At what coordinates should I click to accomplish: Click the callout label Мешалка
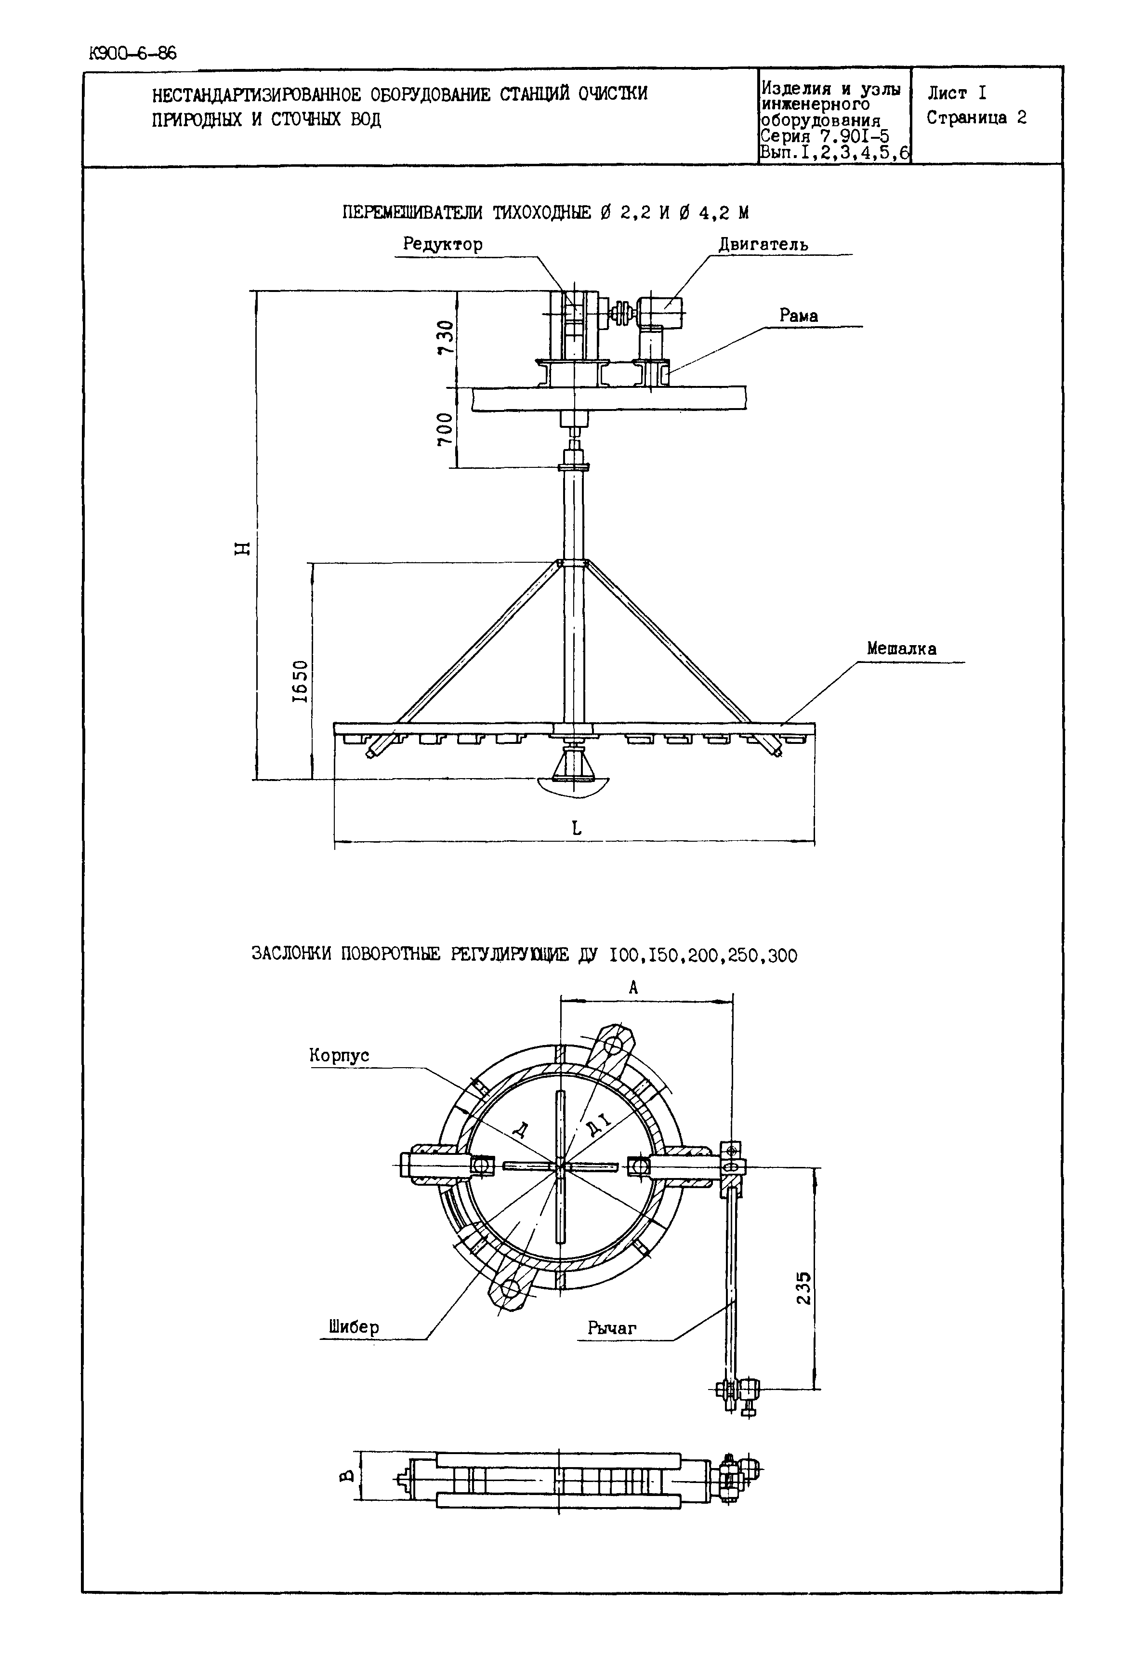901,649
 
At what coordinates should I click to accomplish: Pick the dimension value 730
446,337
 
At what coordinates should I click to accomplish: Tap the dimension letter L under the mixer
576,828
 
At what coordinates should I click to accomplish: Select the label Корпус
339,1055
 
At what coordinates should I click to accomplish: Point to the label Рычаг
612,1328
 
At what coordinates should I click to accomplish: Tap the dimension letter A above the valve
633,988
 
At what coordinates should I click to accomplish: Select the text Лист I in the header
957,93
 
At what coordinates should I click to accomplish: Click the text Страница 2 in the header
976,118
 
